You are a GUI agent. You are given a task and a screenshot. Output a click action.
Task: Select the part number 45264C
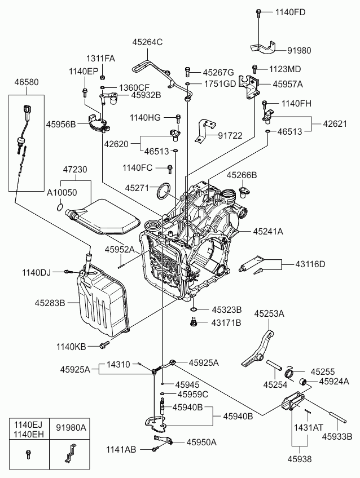pos(147,42)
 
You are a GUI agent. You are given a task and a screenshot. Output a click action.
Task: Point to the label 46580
pos(27,82)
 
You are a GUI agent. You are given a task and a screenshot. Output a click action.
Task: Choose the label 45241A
pos(268,231)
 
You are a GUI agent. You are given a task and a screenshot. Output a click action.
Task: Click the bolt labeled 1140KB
pos(104,344)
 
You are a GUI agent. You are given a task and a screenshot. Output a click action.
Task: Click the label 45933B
pos(337,436)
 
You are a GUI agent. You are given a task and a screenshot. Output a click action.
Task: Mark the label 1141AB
pos(121,449)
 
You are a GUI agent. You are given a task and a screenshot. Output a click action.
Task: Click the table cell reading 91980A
pos(71,428)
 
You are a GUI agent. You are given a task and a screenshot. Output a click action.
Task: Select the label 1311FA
pos(100,59)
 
